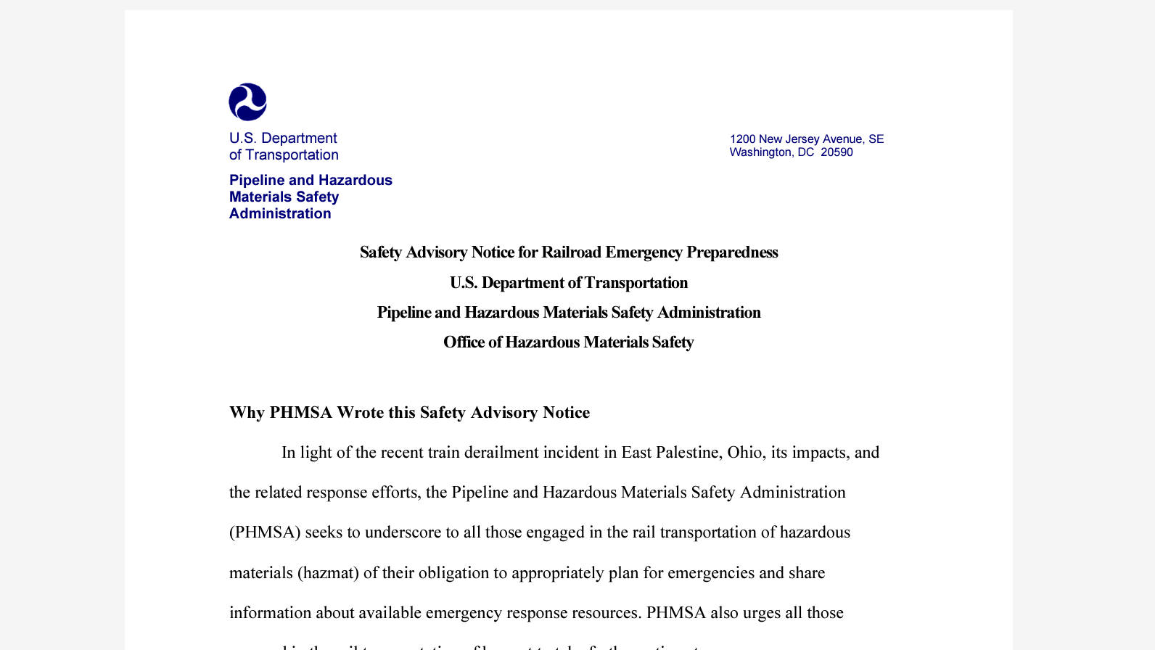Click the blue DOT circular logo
pos(247,102)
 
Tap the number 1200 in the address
pos(742,139)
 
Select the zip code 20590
pos(837,152)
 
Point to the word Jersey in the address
pos(802,139)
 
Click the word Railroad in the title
pos(571,252)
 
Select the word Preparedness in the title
pos(732,252)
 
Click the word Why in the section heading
pos(247,413)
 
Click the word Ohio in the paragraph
pos(744,453)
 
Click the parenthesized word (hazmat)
pos(328,573)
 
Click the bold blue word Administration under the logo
pos(280,214)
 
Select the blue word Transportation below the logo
pos(292,155)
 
